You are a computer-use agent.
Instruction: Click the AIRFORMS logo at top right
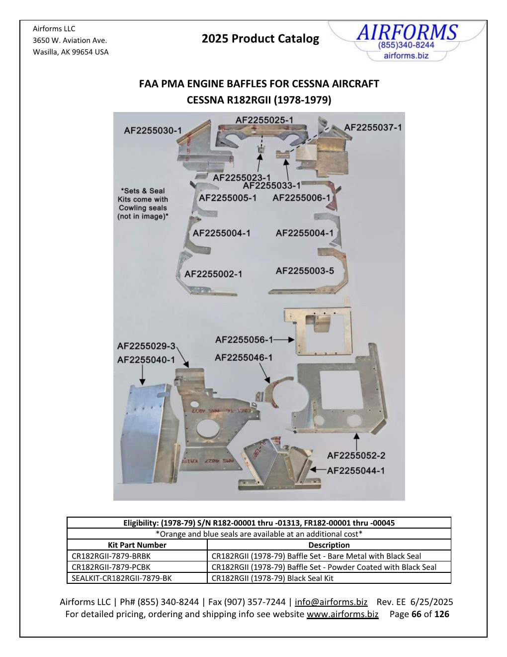point(406,41)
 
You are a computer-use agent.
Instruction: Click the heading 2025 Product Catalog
point(260,39)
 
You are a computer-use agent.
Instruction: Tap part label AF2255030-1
point(153,130)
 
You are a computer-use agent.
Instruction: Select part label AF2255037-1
point(373,127)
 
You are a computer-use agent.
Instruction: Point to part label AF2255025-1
point(264,120)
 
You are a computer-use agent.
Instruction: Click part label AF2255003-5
point(305,271)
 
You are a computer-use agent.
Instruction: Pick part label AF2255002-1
point(213,274)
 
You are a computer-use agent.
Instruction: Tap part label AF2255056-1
point(244,340)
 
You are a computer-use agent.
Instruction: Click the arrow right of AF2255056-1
point(284,340)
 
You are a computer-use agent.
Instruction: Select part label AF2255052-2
point(356,455)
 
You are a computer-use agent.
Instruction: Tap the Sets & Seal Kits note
point(143,204)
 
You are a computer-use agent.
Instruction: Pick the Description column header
point(329,545)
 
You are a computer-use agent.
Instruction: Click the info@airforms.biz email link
point(331,602)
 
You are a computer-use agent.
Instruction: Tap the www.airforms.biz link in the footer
point(342,614)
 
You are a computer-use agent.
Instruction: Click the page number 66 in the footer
point(417,614)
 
